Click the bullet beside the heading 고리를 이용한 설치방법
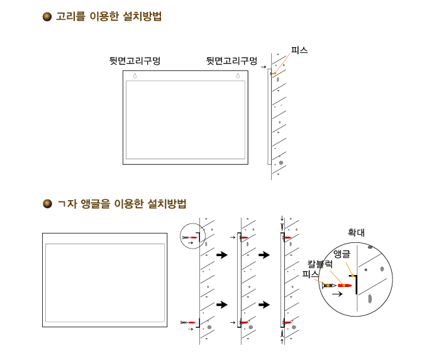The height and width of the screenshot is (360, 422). [47, 17]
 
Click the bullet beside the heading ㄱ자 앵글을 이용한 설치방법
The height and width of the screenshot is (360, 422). [47, 203]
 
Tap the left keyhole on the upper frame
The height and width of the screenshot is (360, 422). [135, 76]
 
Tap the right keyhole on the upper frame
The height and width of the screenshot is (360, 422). [238, 76]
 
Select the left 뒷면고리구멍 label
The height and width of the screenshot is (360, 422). [135, 60]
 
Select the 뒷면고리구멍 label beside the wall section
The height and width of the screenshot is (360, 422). [231, 60]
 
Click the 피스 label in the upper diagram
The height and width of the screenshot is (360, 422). [299, 50]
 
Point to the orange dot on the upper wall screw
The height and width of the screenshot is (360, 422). [275, 73]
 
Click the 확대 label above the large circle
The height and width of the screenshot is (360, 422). [356, 232]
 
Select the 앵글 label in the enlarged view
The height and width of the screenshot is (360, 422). [341, 254]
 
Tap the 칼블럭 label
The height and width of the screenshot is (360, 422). [320, 264]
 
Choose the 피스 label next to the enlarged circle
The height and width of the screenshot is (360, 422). [310, 274]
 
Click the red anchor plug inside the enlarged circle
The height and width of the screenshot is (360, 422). [345, 285]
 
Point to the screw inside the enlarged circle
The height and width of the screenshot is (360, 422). [329, 285]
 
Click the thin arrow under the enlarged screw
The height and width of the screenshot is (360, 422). [337, 294]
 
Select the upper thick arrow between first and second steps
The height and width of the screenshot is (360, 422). [222, 255]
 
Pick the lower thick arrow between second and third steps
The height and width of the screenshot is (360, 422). [264, 305]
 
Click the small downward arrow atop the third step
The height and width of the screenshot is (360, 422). [282, 218]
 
